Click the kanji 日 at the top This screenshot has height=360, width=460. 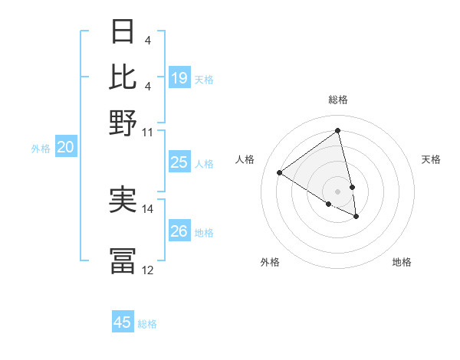123,32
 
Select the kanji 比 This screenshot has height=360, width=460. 123,77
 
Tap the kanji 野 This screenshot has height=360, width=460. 123,121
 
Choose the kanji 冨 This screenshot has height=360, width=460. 123,260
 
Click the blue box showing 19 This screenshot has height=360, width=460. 179,78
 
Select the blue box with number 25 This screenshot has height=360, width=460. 179,162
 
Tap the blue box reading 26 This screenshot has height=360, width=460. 179,231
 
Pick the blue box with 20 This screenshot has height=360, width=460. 65,148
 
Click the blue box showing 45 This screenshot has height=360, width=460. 123,322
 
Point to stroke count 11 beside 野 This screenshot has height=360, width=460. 147,132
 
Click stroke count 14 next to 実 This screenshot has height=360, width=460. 147,208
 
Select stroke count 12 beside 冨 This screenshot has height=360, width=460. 147,270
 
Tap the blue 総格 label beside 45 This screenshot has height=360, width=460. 147,324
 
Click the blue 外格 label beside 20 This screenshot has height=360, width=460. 41,149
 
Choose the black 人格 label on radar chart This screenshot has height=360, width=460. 245,159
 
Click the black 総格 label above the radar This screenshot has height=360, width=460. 337,100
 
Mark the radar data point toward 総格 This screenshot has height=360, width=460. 337,130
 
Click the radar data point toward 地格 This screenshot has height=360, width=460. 356,217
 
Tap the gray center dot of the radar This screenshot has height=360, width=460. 337,191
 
